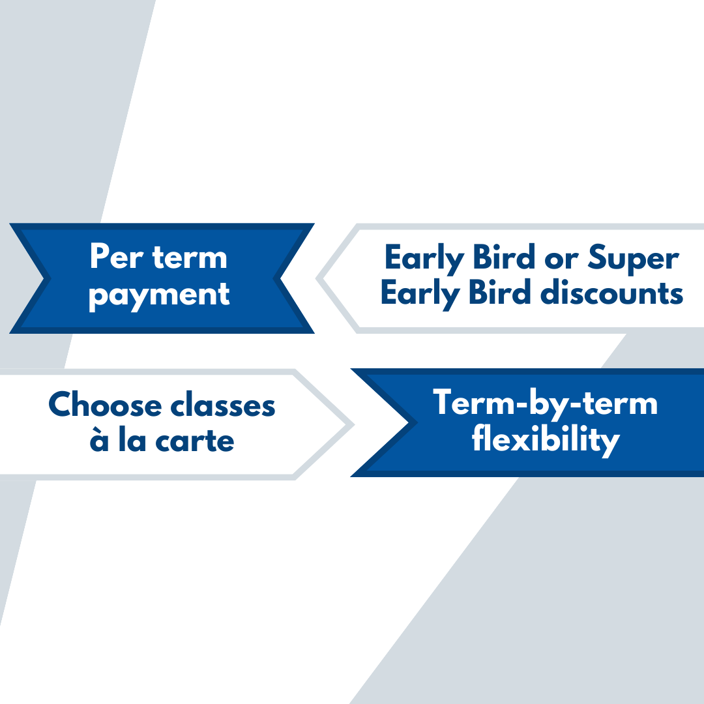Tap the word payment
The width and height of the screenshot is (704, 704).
[x=160, y=296]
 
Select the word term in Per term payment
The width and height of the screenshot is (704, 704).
[x=190, y=257]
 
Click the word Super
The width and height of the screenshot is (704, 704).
[x=634, y=259]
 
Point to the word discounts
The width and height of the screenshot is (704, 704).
[x=611, y=292]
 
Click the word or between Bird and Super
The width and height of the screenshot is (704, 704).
[x=561, y=261]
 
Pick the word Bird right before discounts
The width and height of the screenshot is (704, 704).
[x=500, y=292]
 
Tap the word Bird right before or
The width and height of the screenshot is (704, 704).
[x=504, y=257]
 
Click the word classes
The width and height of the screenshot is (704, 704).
[x=223, y=405]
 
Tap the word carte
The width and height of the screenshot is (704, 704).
[x=195, y=441]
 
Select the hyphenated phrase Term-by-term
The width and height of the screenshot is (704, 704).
[x=545, y=402]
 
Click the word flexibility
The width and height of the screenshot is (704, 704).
[x=546, y=439]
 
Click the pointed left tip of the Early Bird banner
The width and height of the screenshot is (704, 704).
[x=316, y=279]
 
